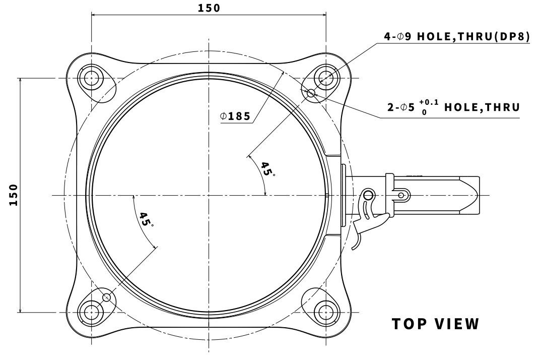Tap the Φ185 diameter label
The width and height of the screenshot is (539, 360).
pyautogui.click(x=235, y=116)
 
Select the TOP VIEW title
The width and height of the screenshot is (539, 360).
pyautogui.click(x=436, y=324)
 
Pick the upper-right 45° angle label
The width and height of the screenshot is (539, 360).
pyautogui.click(x=267, y=169)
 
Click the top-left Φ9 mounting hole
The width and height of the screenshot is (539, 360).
pyautogui.click(x=92, y=78)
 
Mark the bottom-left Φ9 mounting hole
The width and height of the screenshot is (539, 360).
pyautogui.click(x=92, y=312)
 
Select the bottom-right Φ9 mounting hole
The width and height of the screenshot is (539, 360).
pyautogui.click(x=324, y=312)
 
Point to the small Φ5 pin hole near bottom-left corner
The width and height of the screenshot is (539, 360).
pyautogui.click(x=106, y=297)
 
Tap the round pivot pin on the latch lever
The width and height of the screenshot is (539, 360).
pyautogui.click(x=369, y=195)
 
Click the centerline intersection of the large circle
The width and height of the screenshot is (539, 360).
pyautogui.click(x=208, y=195)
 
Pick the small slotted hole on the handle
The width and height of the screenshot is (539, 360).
pyautogui.click(x=401, y=195)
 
